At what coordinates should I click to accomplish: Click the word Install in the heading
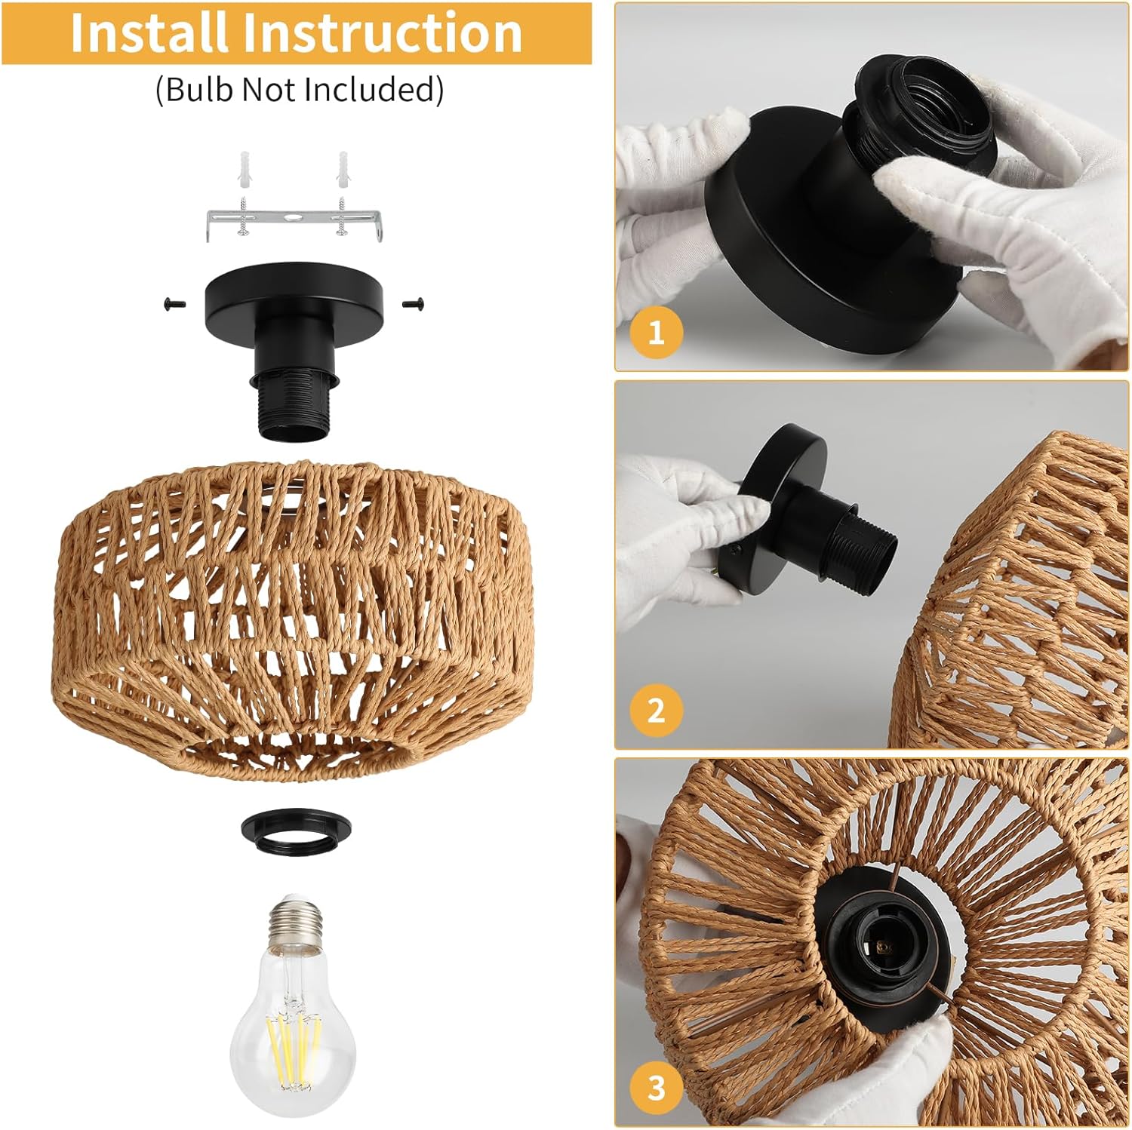tap(149, 32)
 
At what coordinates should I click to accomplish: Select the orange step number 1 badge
tap(656, 332)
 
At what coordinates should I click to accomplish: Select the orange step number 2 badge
tap(656, 710)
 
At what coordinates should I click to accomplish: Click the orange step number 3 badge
tap(656, 1087)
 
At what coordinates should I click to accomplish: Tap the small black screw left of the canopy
tap(169, 304)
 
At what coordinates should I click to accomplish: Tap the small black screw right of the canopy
tap(413, 304)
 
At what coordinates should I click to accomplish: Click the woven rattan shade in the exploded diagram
tap(294, 619)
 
